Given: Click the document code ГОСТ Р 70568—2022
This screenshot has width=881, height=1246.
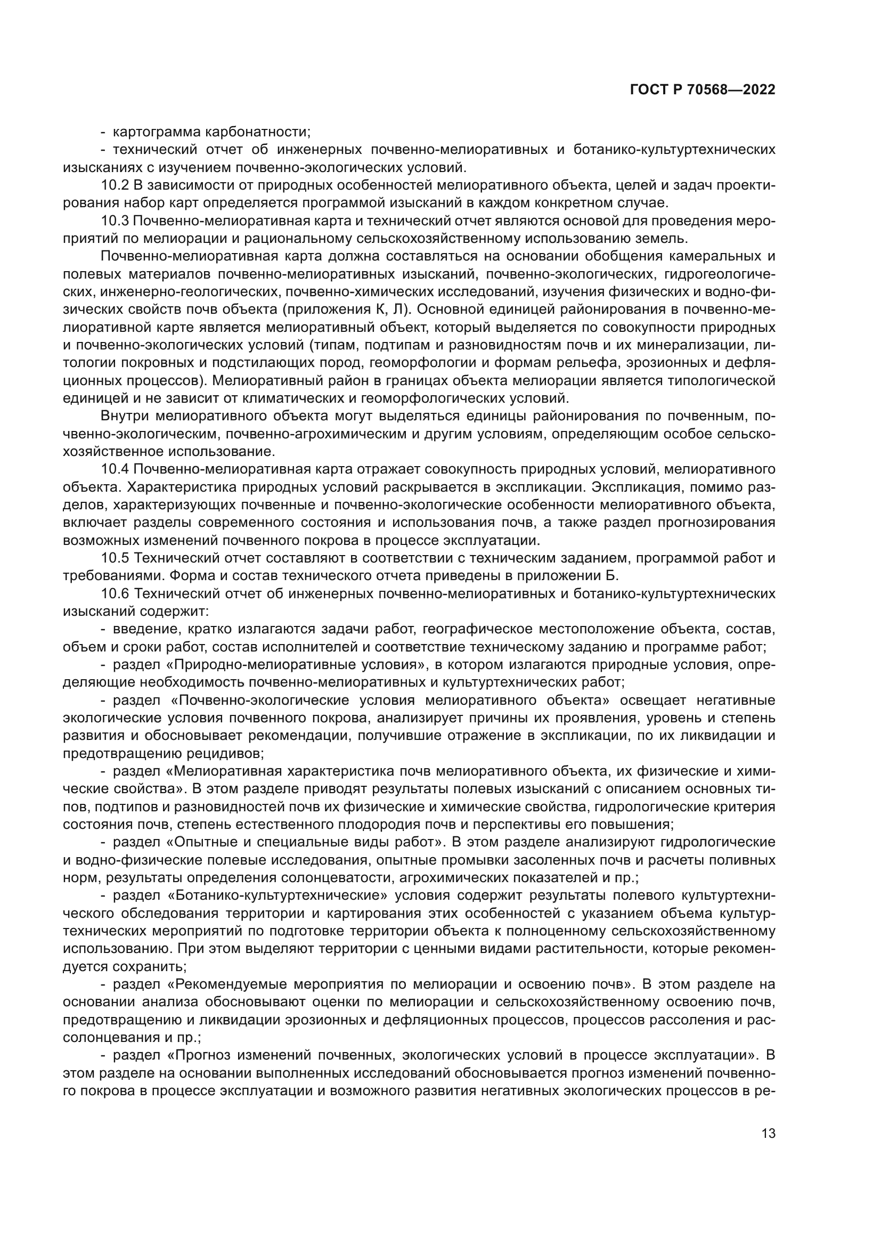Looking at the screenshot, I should pos(703,90).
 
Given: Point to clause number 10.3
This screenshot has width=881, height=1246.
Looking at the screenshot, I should pos(115,221).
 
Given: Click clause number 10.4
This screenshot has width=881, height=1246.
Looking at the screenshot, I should pos(115,469).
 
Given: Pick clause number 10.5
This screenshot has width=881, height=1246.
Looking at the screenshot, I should pos(115,558).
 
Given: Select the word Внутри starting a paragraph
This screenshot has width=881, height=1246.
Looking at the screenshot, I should pos(125,416).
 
